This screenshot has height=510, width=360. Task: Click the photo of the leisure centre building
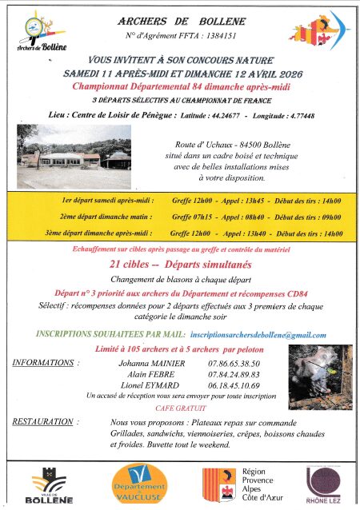73,146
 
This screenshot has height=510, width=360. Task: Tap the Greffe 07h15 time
190,217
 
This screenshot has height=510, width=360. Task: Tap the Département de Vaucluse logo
138,486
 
